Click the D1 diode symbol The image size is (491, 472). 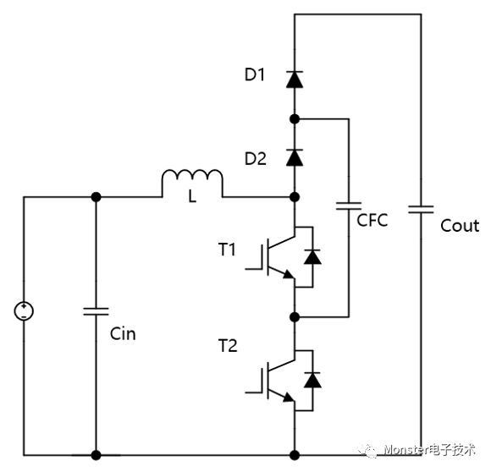(x=295, y=80)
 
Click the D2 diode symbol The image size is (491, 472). (x=295, y=157)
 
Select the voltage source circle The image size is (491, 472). (x=24, y=311)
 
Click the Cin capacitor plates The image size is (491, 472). (x=96, y=311)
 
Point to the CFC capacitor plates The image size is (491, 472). (x=349, y=206)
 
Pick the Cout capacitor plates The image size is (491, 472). (x=421, y=209)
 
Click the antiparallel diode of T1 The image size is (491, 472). (x=312, y=257)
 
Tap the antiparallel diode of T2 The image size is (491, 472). (x=312, y=380)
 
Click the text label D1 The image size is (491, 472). (x=255, y=74)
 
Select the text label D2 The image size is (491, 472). (x=255, y=158)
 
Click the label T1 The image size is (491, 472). (x=227, y=250)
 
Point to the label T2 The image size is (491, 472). (x=228, y=346)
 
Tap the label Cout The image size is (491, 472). (x=460, y=226)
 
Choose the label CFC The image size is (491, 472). (x=372, y=220)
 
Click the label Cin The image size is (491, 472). (x=123, y=334)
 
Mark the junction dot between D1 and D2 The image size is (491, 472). (x=295, y=119)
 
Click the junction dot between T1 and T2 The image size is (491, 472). (x=295, y=317)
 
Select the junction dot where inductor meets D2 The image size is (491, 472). (x=295, y=197)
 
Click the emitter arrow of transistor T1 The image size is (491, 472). (x=289, y=274)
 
